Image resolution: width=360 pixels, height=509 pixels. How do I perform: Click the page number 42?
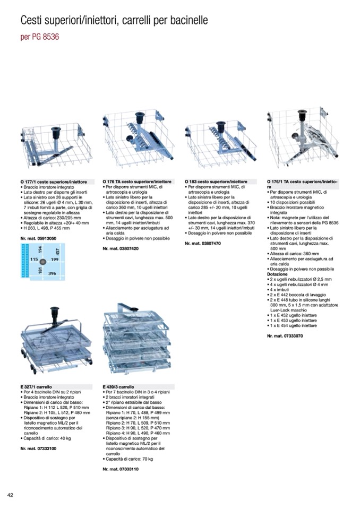coord(10,495)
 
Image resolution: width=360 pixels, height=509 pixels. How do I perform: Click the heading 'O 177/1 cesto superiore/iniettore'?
coord(53,182)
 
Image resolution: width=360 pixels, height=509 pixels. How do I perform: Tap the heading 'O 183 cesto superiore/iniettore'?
coord(216,182)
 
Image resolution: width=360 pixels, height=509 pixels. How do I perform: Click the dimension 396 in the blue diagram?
coord(52,273)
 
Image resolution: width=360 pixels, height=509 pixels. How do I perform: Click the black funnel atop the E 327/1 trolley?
coord(53,312)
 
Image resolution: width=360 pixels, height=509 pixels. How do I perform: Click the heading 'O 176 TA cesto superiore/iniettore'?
coord(137,182)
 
